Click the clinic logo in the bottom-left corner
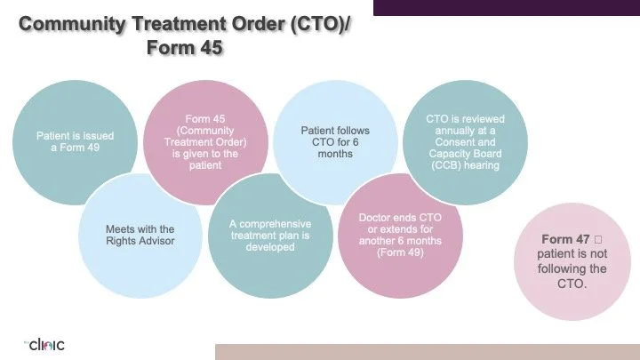pyautogui.click(x=44, y=345)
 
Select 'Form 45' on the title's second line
pyautogui.click(x=184, y=48)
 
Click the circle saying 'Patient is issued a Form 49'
pyautogui.click(x=76, y=142)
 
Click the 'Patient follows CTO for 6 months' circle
pyautogui.click(x=334, y=142)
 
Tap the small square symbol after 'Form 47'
pyautogui.click(x=599, y=240)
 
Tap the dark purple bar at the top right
pyautogui.click(x=506, y=7)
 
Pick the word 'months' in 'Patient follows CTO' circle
pyautogui.click(x=334, y=154)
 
